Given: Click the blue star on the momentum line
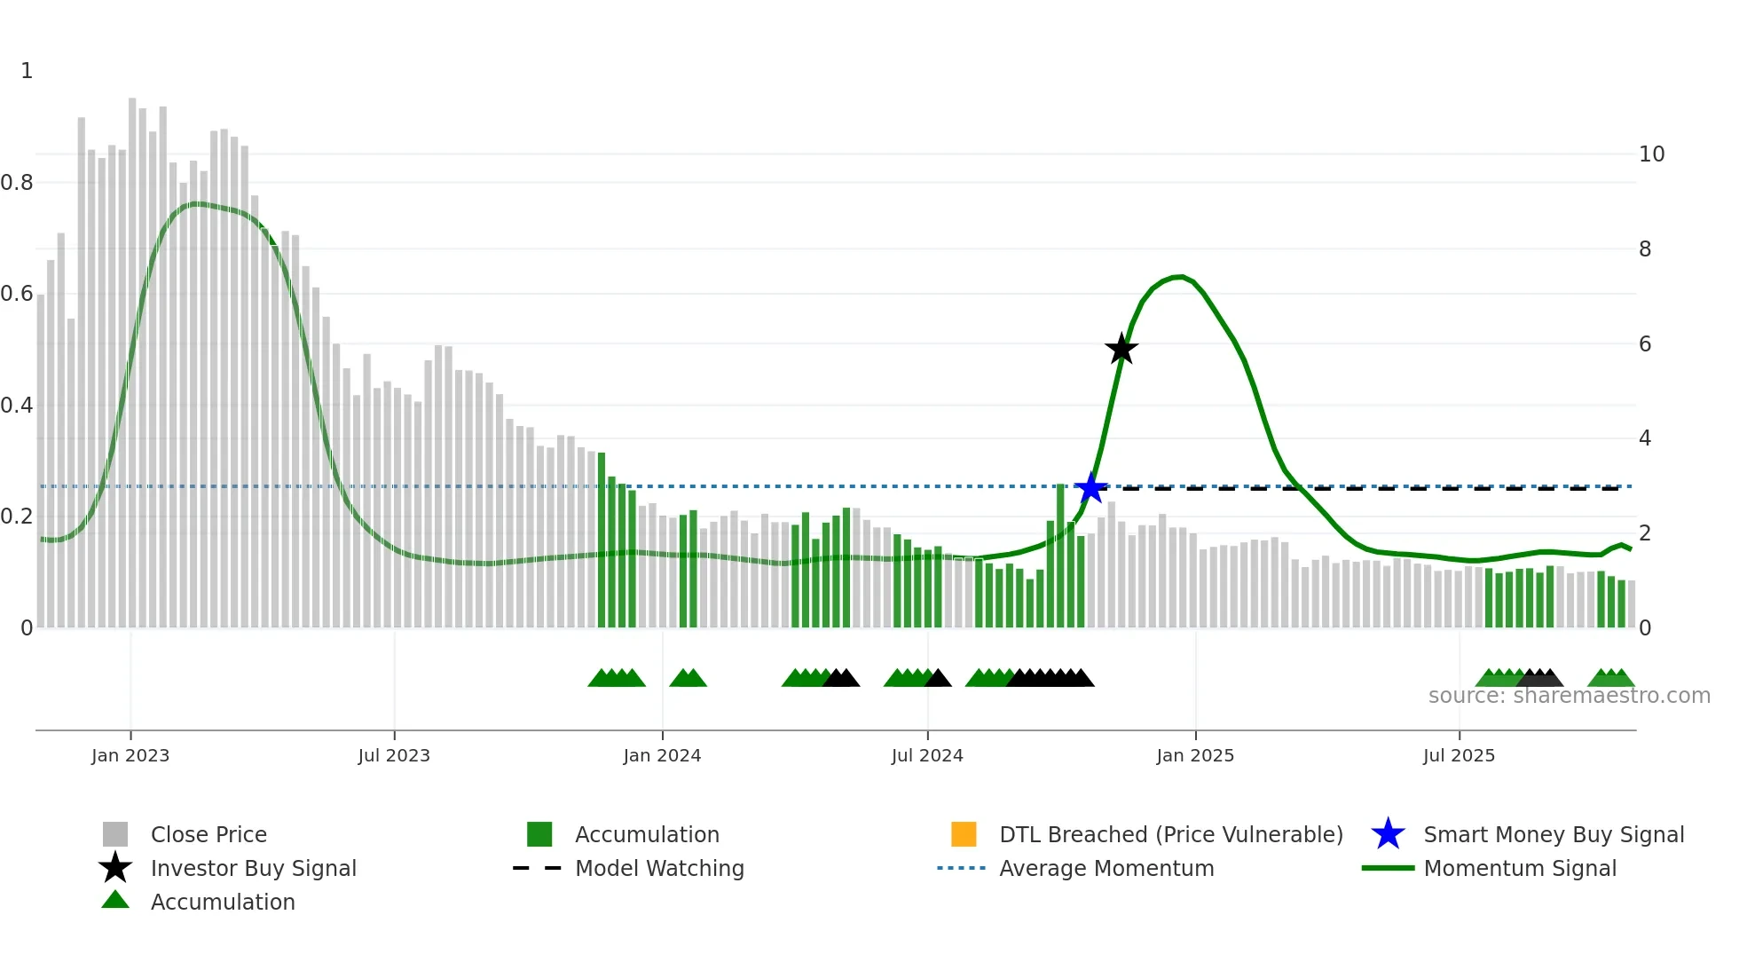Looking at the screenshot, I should click(1090, 487).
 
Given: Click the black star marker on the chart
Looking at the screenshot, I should click(1121, 349).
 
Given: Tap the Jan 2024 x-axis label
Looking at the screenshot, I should click(662, 755).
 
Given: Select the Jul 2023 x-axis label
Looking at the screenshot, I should click(394, 755).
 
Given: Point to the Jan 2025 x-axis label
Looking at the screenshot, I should click(1195, 755).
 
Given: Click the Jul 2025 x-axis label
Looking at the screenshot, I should click(1459, 755).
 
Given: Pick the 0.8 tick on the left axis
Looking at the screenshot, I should click(17, 183).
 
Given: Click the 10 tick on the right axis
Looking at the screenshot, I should click(1651, 154).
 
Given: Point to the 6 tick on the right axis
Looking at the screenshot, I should click(1645, 344).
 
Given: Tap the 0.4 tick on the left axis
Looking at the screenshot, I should click(17, 406).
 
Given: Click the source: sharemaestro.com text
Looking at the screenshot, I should click(1569, 696).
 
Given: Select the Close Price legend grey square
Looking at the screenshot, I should click(115, 834).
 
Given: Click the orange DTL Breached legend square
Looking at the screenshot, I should click(964, 834).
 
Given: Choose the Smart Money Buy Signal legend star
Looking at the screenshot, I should click(1388, 834).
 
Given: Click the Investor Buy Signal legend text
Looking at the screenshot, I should click(253, 868).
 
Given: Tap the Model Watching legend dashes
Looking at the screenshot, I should click(537, 868).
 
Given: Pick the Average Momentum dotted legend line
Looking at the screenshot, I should click(961, 868).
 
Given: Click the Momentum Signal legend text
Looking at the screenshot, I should click(1520, 868).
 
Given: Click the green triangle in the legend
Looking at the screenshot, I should click(115, 900).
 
